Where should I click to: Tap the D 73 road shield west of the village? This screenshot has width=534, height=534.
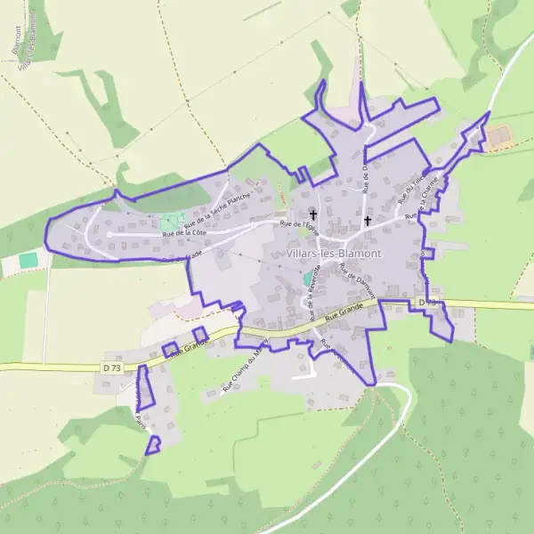111,367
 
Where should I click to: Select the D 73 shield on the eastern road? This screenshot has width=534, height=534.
427,303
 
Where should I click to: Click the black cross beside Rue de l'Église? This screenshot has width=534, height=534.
312,214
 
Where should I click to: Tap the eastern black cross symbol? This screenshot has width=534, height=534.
367,220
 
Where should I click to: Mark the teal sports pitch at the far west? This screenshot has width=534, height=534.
29,260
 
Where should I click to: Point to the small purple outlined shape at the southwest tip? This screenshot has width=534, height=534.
153,444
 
